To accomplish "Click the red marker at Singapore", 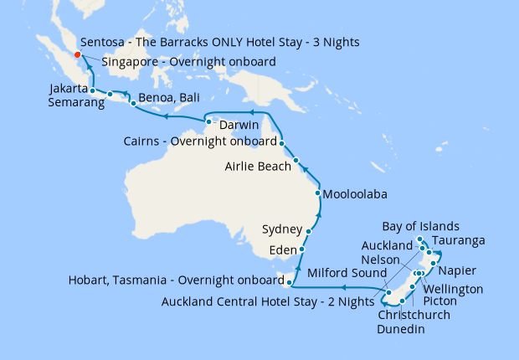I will point(78,55).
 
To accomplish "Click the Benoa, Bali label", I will point(167,95).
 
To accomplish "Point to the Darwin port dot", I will point(208,123).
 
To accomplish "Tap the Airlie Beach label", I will point(258,167).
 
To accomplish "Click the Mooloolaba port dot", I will point(317,193).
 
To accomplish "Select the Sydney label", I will point(281,229).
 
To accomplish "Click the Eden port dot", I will point(301,249).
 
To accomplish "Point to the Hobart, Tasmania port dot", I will point(289,283).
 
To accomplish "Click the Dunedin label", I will point(400,330).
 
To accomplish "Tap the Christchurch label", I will point(414,315).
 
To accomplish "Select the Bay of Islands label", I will point(421,227).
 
